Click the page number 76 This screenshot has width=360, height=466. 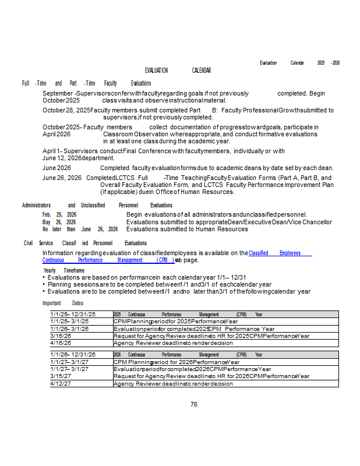(194, 404)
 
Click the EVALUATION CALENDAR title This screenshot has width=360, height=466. (178, 70)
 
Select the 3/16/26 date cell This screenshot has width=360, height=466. (61, 336)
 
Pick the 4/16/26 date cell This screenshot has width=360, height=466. (61, 343)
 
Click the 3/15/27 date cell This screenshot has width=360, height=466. (61, 376)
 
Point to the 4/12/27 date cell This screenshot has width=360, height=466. (61, 383)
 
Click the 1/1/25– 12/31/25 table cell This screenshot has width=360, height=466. (73, 314)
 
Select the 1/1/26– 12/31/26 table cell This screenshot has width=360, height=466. (73, 354)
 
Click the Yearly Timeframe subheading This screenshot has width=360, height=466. (64, 270)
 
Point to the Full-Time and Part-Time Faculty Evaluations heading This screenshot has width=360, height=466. (86, 83)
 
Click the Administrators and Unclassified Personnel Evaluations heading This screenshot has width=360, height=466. (97, 205)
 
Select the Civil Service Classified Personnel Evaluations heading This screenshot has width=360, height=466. (85, 243)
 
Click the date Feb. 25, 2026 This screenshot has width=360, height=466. (59, 214)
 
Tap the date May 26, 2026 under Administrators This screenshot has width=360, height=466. (59, 222)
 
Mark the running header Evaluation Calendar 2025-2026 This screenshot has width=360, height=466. (299, 62)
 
